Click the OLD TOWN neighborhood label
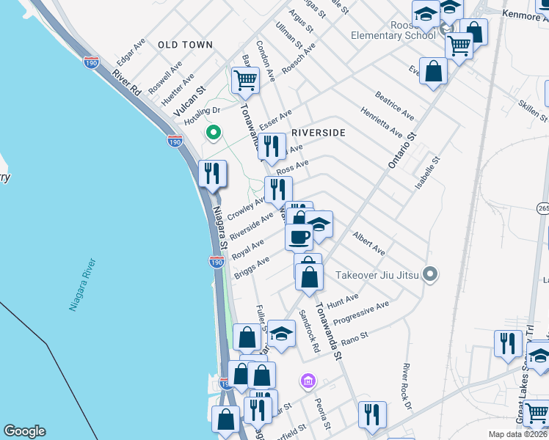click(x=185, y=45)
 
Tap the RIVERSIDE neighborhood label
click(x=319, y=133)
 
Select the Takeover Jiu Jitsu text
click(x=377, y=275)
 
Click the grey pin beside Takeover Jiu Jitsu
click(x=431, y=275)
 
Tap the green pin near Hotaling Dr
click(x=213, y=133)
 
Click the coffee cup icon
click(x=299, y=236)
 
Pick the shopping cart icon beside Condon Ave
click(x=245, y=80)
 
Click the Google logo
click(x=24, y=431)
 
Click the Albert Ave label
click(x=368, y=243)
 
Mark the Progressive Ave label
click(x=361, y=314)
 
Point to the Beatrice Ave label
click(x=395, y=106)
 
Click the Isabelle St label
click(x=427, y=172)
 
